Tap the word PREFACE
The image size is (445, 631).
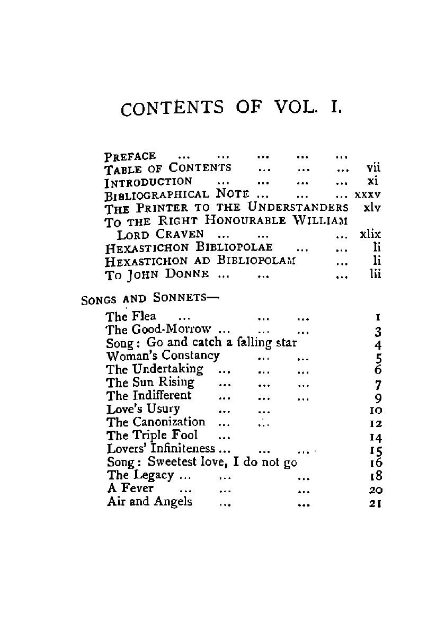130,156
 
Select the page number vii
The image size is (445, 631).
374,168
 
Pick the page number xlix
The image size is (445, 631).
370,234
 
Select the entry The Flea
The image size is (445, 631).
131,317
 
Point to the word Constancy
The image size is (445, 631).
191,355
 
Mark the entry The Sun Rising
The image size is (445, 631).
150,382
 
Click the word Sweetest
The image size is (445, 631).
176,461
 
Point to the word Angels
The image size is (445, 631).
173,501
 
